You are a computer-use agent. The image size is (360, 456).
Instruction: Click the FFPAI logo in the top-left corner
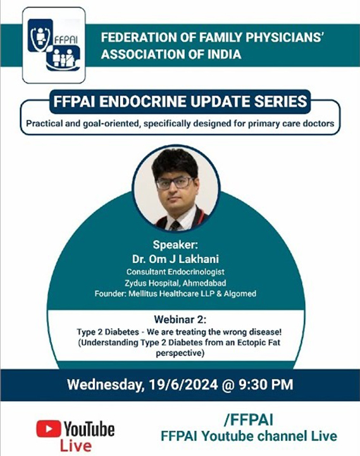54,45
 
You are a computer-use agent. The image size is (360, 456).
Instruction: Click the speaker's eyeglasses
175,183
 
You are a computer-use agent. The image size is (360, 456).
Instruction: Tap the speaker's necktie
175,225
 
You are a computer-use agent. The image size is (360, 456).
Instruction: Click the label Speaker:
175,245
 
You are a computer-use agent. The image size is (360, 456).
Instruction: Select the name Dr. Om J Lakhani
175,259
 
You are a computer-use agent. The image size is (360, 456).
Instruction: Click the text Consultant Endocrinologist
175,272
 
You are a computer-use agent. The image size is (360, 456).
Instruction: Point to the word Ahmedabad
204,283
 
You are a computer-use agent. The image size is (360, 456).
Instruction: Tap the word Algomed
240,294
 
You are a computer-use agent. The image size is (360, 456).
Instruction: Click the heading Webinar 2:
180,320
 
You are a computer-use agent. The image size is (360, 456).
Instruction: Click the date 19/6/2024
183,384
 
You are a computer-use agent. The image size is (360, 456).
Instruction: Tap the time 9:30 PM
266,384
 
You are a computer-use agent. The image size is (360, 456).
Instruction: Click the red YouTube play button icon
49,429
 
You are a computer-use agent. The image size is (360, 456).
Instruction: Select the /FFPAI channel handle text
249,420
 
